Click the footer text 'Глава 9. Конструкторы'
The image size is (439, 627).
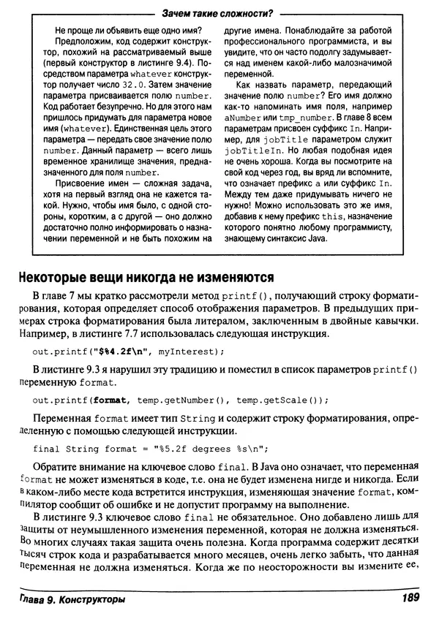click(x=72, y=601)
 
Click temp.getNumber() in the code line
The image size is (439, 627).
click(x=173, y=400)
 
